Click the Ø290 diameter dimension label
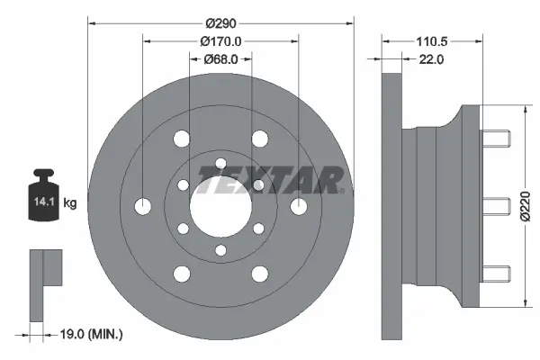[x=220, y=22]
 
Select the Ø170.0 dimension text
[x=220, y=41]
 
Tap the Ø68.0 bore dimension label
[x=220, y=59]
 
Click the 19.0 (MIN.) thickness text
[x=92, y=335]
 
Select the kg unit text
[x=70, y=204]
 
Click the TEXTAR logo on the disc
[x=268, y=180]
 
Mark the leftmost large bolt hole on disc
[x=143, y=205]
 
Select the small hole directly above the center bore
[x=220, y=163]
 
